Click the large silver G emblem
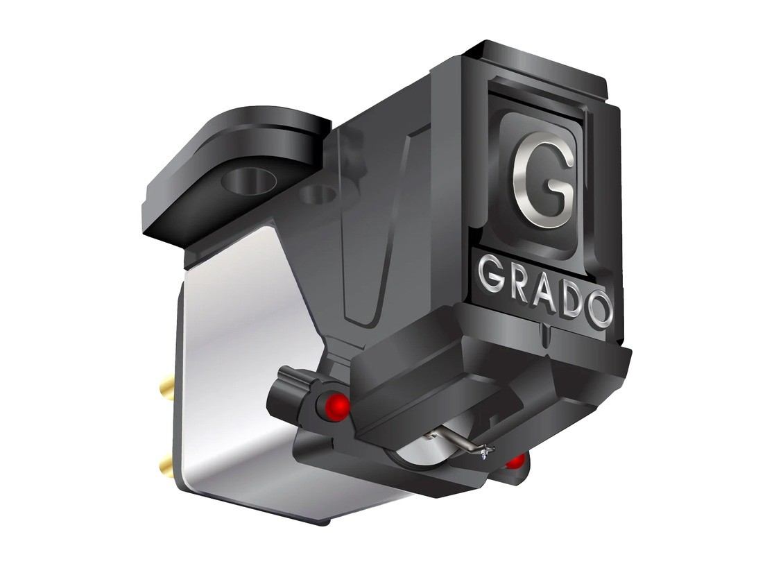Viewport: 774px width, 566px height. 543,185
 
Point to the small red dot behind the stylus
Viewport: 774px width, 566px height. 516,461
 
